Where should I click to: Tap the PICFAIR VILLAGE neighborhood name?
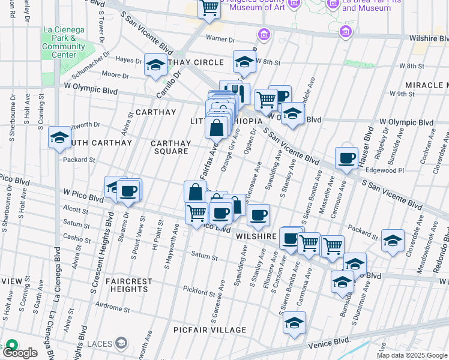pyautogui.click(x=209, y=330)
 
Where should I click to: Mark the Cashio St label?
pyautogui.click(x=73, y=238)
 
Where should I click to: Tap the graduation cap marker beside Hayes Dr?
pyautogui.click(x=155, y=65)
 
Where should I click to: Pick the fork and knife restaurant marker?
pyautogui.click(x=240, y=92)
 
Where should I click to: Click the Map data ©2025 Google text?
pyautogui.click(x=412, y=355)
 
